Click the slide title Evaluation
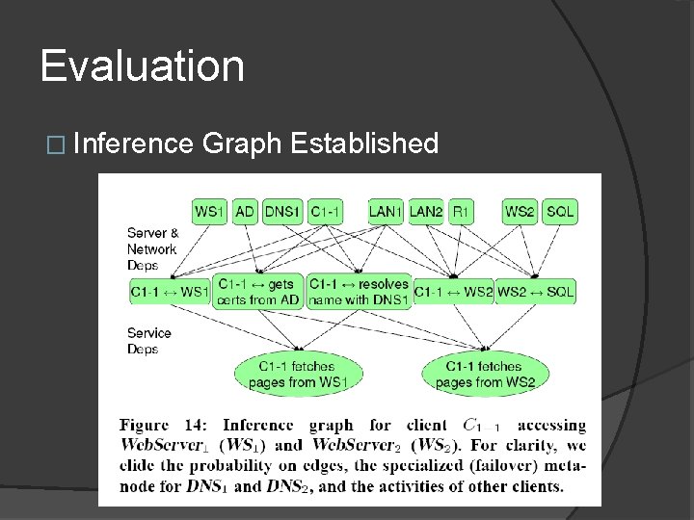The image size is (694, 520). pos(143,66)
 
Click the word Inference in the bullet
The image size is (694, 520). pos(133,144)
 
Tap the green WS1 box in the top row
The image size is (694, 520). pos(210,211)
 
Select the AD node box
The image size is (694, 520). pos(245,211)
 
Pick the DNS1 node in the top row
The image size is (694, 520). pos(283,211)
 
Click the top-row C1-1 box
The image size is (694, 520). pos(326,211)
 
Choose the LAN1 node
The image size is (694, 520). pos(386,211)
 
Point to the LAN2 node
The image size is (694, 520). pos(426,211)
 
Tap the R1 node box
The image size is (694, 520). pos(461,211)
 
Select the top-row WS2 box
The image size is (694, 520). pos(520,211)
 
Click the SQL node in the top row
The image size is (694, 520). pos(560,211)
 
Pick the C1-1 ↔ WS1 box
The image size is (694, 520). pos(170,292)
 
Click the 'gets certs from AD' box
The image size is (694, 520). pos(258,291)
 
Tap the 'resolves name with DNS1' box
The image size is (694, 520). pos(359,291)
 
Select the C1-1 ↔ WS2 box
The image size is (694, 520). pos(453,292)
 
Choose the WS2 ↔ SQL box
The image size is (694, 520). pos(535,292)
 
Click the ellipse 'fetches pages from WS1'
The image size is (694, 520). pos(297,375)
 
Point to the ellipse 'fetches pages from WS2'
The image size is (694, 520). pos(485,375)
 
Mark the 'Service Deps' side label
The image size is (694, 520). pos(148,341)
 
